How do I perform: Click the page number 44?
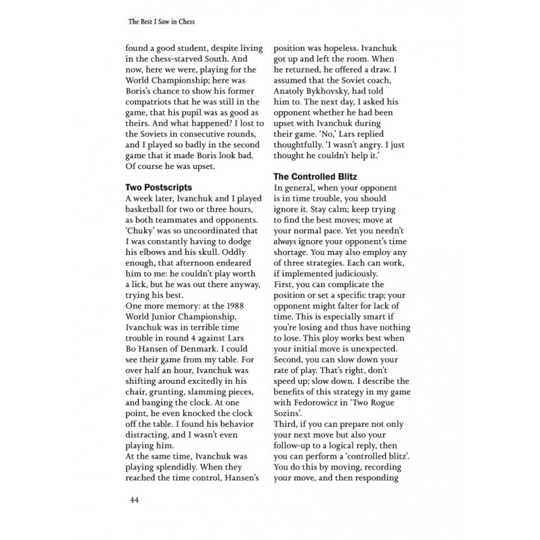pos(134,499)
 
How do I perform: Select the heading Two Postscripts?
pos(158,187)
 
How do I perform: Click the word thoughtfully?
pos(302,144)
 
